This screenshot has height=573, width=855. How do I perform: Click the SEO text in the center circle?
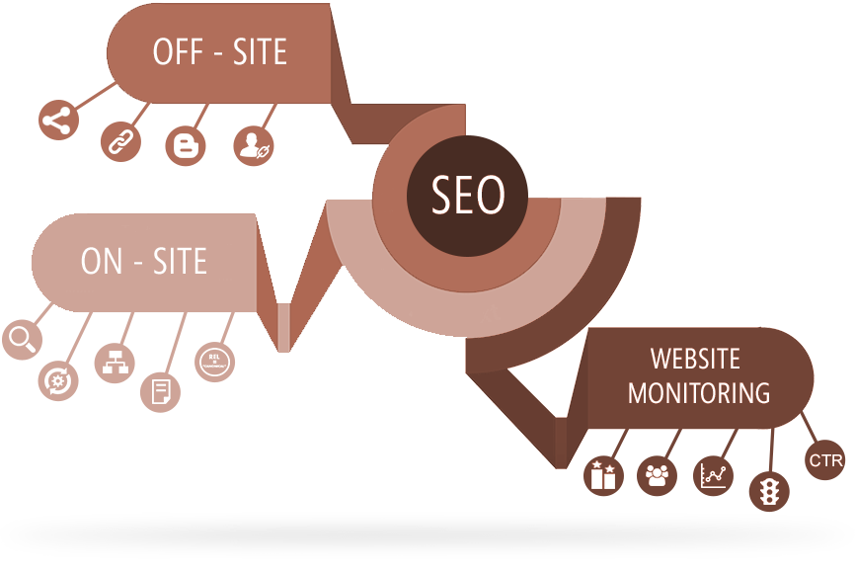pos(468,194)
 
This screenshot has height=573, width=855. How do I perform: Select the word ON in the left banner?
pos(101,261)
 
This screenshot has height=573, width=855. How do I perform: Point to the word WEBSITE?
pos(695,358)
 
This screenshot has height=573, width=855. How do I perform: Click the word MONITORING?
pos(699,392)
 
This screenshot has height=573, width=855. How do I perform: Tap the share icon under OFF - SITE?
pos(57,121)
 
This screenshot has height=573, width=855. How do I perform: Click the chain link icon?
pos(120,142)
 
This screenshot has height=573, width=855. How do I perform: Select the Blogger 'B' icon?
pos(185,146)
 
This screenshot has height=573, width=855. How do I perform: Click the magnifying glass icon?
pos(22,339)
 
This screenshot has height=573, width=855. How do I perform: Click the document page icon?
pos(160,390)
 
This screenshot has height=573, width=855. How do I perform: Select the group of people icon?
pos(657,475)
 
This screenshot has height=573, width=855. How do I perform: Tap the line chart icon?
pos(713,476)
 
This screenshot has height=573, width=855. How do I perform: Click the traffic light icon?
pos(768,490)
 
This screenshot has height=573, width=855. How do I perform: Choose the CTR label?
pos(824,461)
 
